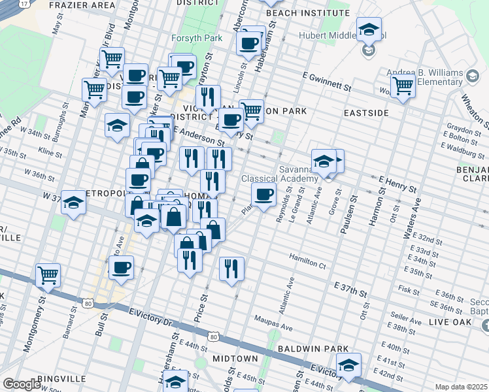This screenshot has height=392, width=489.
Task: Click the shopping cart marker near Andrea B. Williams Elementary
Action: point(402,86)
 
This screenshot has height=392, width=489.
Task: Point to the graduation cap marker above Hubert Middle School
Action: point(369,29)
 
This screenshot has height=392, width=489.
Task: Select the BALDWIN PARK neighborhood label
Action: point(307,350)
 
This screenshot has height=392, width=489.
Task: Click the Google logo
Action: point(21,384)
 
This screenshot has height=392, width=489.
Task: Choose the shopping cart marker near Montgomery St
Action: point(48,275)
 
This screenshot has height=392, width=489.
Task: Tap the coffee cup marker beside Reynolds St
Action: point(263,195)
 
